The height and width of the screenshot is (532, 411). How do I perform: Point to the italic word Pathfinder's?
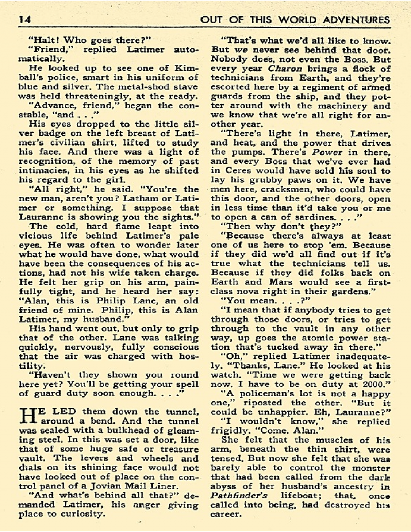coord(239,496)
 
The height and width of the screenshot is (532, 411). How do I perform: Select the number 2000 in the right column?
coord(375,384)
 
